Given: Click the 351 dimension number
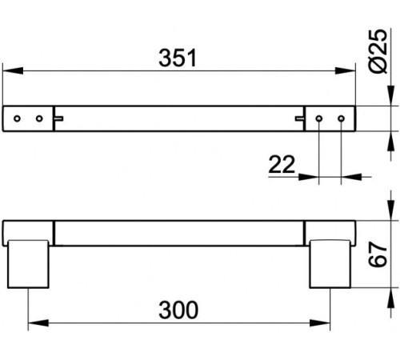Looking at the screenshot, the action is (x=178, y=58).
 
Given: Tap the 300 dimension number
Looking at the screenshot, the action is (x=178, y=310).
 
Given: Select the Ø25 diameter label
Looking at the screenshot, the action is (x=378, y=50).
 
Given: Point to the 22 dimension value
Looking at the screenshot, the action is (x=282, y=164).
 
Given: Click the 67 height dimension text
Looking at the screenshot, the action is (x=378, y=254).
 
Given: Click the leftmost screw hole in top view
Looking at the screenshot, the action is (x=18, y=118).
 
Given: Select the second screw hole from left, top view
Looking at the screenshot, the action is (x=39, y=118).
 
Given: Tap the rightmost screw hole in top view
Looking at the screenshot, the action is (x=341, y=118).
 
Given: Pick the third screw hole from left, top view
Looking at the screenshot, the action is (x=319, y=118).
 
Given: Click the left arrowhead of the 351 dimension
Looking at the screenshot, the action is (x=13, y=71).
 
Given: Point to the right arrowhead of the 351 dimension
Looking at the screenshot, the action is (x=346, y=71).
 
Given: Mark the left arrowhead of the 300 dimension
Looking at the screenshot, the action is (x=38, y=323).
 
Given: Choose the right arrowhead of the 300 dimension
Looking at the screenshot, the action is (x=320, y=323).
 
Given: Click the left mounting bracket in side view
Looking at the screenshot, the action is (x=28, y=264).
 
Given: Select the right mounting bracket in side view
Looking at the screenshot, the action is (x=330, y=264).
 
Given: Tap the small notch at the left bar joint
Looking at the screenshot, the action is (x=59, y=118).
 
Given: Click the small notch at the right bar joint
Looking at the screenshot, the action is (x=299, y=118).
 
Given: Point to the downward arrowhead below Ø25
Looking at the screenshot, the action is (x=391, y=96).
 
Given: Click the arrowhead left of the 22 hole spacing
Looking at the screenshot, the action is (x=309, y=177).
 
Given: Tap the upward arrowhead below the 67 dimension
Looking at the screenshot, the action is (x=391, y=298).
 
